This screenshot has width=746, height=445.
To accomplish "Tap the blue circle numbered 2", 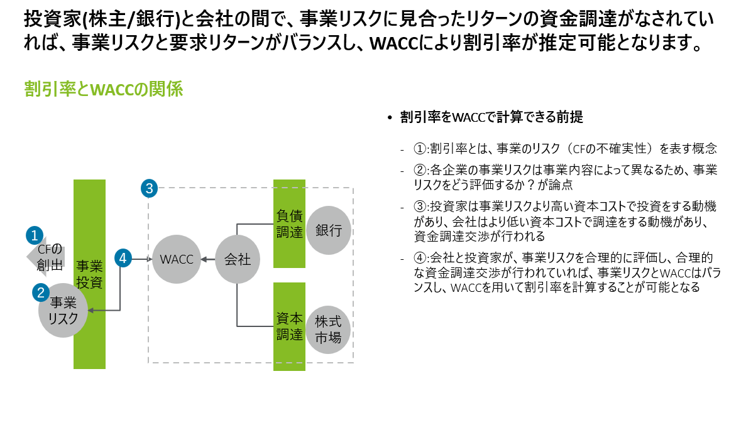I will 41,292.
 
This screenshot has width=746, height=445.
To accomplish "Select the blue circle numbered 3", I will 148,188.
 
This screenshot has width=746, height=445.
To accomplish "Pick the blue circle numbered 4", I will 123,258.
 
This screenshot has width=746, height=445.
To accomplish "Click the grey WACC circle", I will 177,259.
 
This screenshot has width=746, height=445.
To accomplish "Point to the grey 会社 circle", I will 238,259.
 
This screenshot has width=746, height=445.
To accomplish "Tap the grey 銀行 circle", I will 329,230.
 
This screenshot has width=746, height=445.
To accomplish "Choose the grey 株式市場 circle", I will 329,329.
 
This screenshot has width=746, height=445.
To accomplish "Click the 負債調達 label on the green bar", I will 290,223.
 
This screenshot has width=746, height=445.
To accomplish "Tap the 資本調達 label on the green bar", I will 290,326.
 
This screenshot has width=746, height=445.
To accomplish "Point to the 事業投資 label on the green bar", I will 89,274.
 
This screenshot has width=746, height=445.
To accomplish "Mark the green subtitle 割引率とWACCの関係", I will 103,90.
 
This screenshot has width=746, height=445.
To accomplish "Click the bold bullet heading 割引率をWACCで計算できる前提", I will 491,117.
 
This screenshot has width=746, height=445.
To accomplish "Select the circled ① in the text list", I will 420,149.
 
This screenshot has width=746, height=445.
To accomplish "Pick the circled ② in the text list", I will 420,170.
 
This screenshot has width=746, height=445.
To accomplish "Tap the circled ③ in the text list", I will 420,206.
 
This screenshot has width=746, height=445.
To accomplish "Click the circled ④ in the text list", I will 420,257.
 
